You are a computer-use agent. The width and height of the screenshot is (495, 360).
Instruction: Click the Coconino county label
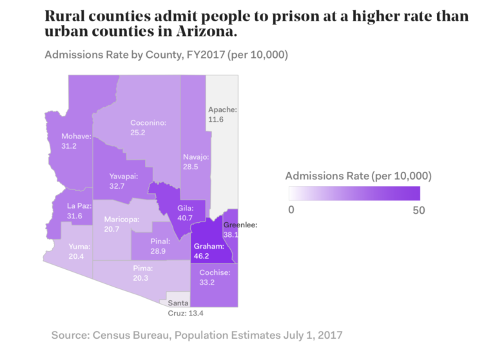coord(148,122)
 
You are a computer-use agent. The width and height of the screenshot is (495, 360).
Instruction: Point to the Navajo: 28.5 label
coord(195,162)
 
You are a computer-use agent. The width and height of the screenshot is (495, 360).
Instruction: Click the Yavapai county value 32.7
coord(117,185)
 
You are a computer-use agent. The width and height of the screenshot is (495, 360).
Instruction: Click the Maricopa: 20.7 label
coord(122,225)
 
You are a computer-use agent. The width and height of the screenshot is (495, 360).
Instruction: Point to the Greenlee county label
coord(240,225)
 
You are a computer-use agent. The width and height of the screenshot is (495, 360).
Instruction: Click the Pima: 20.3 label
coord(142,273)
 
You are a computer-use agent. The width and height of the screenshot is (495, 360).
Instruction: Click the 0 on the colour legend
coord(291,210)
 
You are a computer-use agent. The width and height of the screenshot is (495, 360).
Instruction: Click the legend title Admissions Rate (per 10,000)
coord(358,175)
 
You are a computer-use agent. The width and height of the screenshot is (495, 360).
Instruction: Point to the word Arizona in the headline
coord(200,31)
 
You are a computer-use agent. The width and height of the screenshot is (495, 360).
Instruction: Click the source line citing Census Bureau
coord(197,335)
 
